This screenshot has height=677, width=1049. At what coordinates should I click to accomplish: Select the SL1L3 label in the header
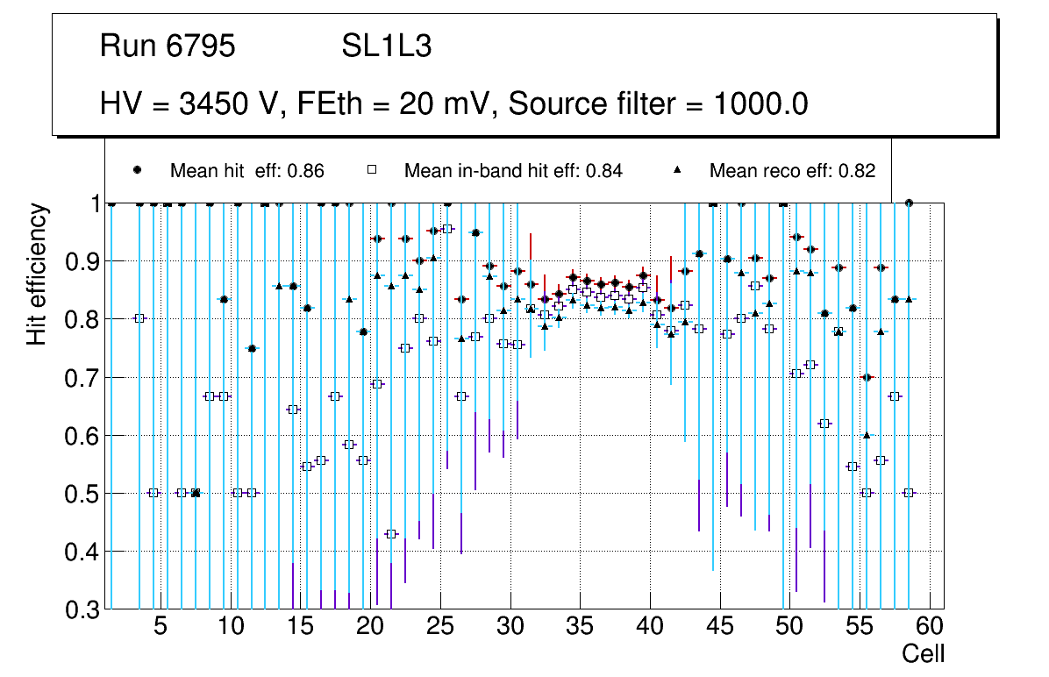point(386,46)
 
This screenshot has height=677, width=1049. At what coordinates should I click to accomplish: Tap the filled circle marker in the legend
point(138,170)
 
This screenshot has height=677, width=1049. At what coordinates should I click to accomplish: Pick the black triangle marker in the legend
point(677,170)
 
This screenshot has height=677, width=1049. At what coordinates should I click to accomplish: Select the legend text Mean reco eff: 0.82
point(792,170)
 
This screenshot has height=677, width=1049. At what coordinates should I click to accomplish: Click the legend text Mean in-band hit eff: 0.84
point(513,170)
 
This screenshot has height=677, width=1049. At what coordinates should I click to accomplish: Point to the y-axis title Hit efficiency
point(37,274)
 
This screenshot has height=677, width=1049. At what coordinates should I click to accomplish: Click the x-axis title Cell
point(924,653)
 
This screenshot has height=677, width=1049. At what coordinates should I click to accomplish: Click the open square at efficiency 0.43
point(391,534)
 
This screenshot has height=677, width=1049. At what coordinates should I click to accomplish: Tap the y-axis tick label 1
point(90,203)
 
